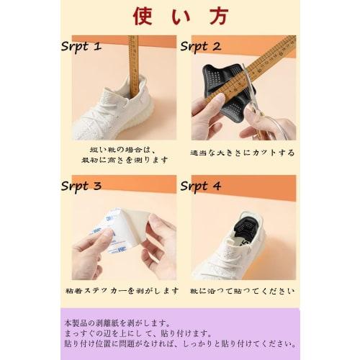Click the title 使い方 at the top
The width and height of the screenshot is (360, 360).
coord(180,16)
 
